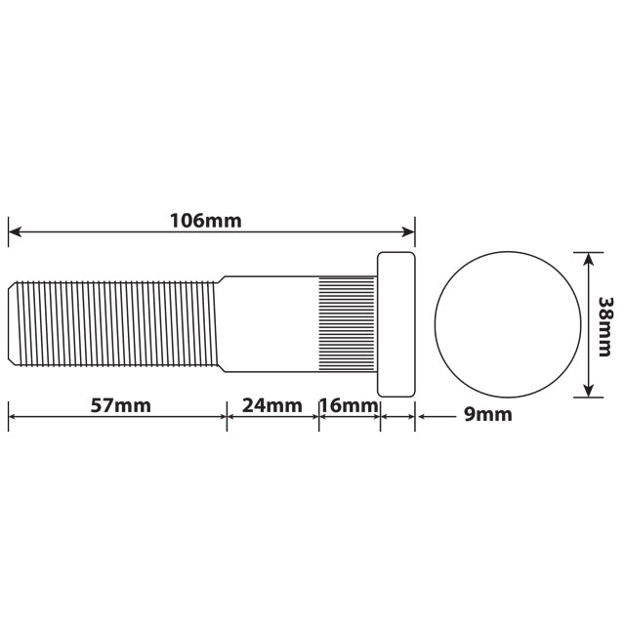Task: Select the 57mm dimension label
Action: [120, 405]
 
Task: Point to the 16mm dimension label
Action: [349, 405]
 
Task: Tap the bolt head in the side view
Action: [396, 324]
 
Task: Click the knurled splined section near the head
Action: [347, 322]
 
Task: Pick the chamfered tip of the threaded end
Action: [13, 322]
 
